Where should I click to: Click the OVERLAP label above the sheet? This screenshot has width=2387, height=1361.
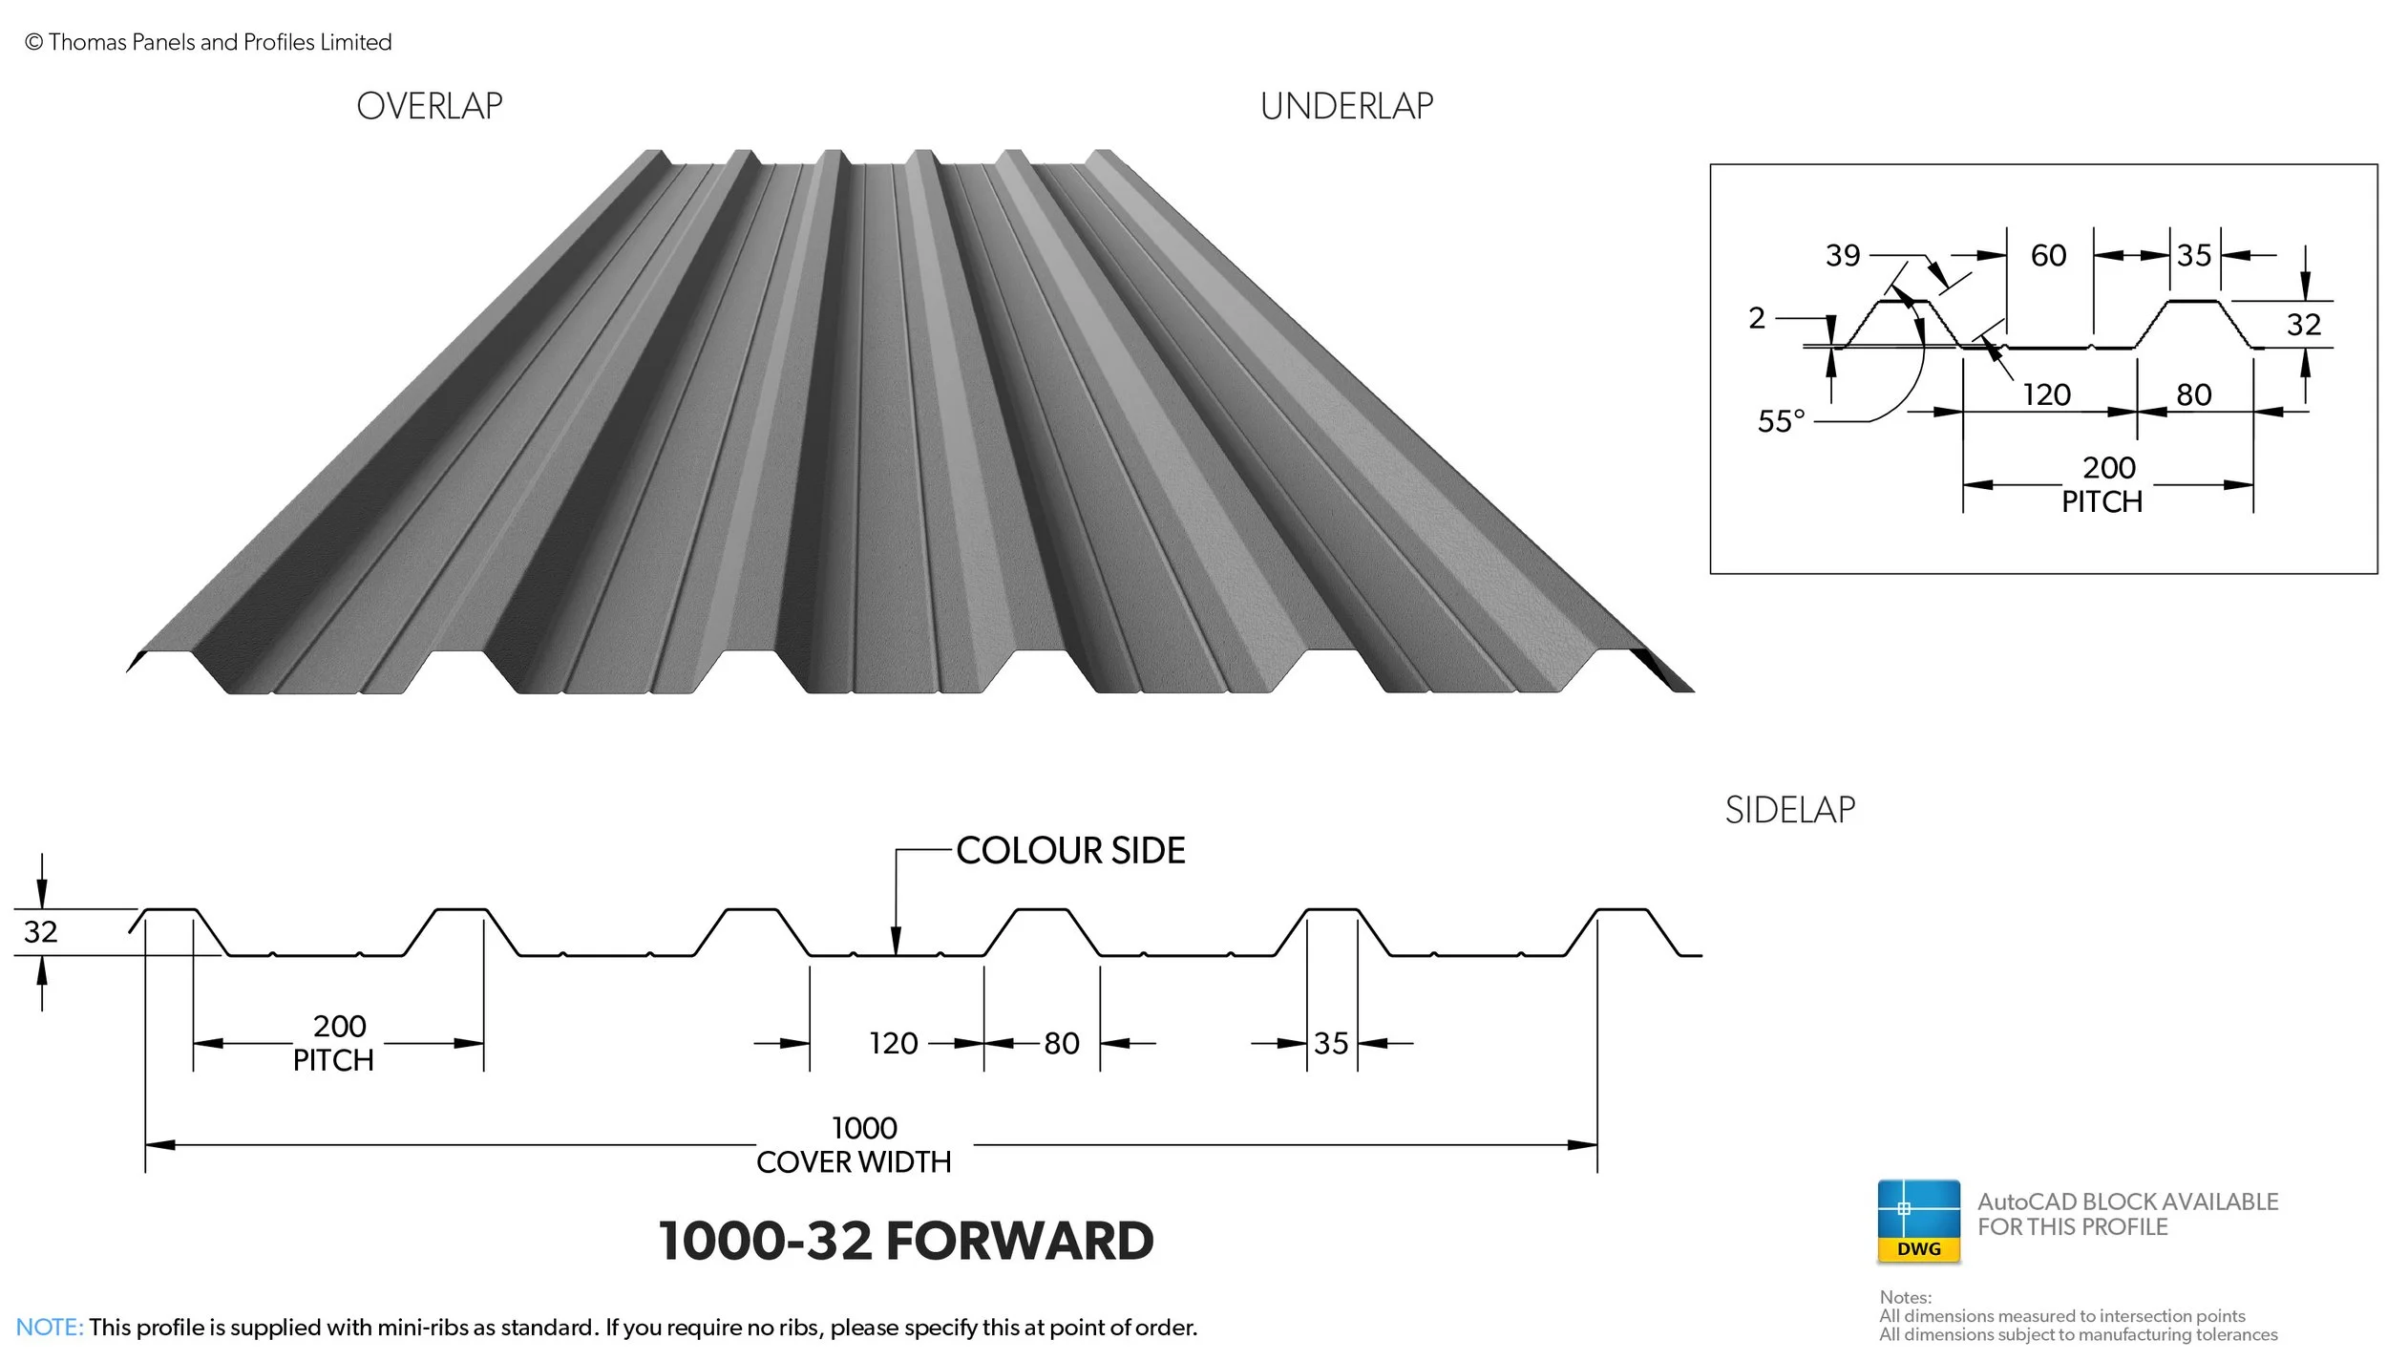pyautogui.click(x=430, y=106)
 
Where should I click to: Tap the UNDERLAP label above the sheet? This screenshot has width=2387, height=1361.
pyautogui.click(x=1346, y=106)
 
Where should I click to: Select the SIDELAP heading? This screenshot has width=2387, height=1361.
pyautogui.click(x=1790, y=810)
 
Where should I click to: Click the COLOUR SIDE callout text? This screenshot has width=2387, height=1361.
pyautogui.click(x=1070, y=850)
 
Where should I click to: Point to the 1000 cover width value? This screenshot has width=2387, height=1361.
pyautogui.click(x=864, y=1128)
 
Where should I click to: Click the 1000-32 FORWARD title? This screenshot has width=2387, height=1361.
pyautogui.click(x=906, y=1241)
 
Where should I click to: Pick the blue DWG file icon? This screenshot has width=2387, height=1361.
pyautogui.click(x=1918, y=1222)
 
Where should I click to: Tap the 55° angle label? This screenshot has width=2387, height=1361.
pyautogui.click(x=1781, y=421)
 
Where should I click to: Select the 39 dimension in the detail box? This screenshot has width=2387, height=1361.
pyautogui.click(x=1843, y=255)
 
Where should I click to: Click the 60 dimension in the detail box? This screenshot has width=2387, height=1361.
pyautogui.click(x=2048, y=255)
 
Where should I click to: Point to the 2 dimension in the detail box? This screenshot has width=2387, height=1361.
pyautogui.click(x=1757, y=318)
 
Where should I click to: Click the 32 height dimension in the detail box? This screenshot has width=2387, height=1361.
pyautogui.click(x=2303, y=325)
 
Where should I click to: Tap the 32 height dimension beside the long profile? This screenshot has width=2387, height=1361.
pyautogui.click(x=40, y=931)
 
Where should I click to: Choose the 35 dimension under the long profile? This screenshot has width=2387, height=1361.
pyautogui.click(x=1331, y=1043)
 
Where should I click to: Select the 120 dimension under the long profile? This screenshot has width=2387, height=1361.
pyautogui.click(x=894, y=1043)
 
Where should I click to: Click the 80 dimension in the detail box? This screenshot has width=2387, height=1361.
pyautogui.click(x=2194, y=394)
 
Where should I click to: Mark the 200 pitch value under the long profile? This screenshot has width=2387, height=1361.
pyautogui.click(x=340, y=1026)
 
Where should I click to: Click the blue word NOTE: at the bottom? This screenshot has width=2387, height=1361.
pyautogui.click(x=50, y=1327)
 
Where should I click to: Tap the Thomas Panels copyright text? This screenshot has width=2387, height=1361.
pyautogui.click(x=208, y=42)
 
